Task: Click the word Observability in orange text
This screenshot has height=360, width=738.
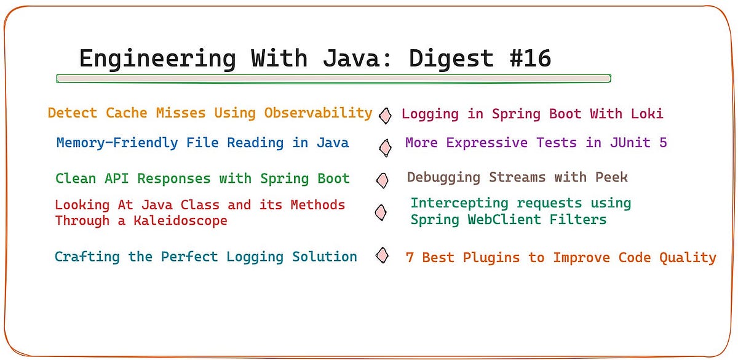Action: pyautogui.click(x=319, y=113)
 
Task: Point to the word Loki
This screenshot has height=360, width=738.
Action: pyautogui.click(x=648, y=114)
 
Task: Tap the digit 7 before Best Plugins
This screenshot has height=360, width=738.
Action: pyautogui.click(x=410, y=258)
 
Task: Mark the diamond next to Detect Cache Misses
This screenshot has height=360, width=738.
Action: pyautogui.click(x=385, y=115)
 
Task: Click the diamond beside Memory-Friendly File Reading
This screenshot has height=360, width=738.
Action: pyautogui.click(x=385, y=147)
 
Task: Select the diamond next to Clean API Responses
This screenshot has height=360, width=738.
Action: pyautogui.click(x=383, y=180)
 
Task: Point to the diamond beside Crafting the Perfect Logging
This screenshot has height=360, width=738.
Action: pyautogui.click(x=383, y=255)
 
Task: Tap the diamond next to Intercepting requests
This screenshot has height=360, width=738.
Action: pyautogui.click(x=381, y=212)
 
